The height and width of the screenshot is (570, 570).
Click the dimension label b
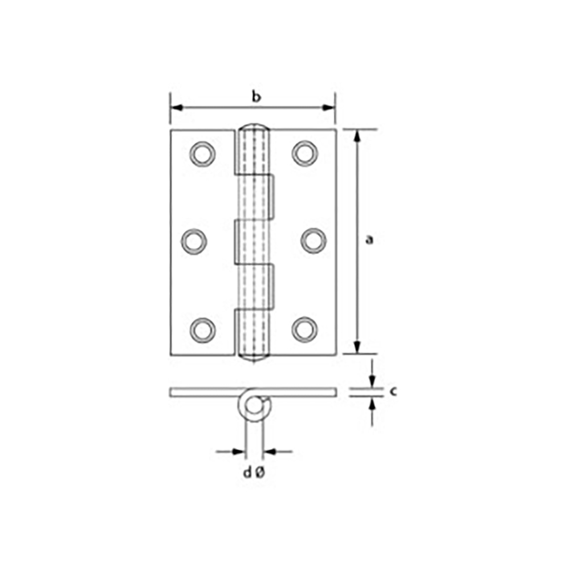(256, 97)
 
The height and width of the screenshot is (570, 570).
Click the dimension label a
(369, 240)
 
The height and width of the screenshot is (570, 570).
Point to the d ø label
(254, 473)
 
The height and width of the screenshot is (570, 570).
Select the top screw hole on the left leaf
(202, 154)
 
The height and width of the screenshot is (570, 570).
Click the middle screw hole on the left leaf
(194, 241)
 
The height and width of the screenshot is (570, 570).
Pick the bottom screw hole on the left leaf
(202, 330)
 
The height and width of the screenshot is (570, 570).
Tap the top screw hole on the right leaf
(304, 153)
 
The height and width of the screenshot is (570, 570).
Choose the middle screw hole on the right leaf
(313, 241)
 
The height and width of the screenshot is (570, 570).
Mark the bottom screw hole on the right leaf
(304, 329)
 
